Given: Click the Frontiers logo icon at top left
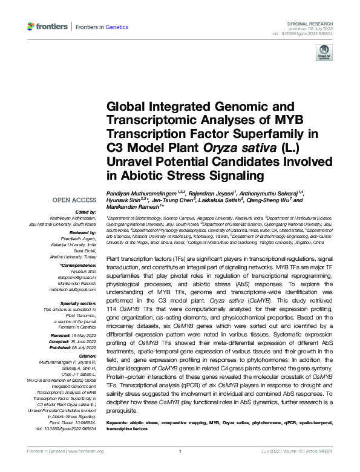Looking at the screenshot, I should pos(31,26).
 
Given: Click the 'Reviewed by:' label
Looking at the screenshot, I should pos(82,232).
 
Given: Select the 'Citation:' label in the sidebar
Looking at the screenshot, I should pos(87,356).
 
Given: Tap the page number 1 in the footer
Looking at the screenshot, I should pos(180,451).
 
